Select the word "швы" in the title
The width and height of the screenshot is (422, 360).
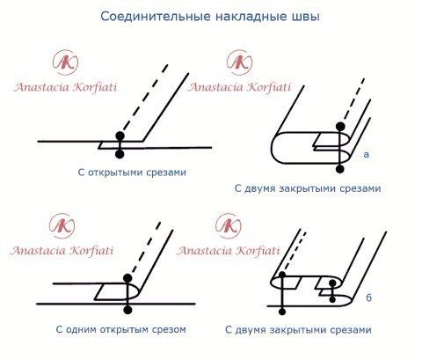click(x=306, y=17)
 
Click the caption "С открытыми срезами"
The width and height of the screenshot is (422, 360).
click(x=132, y=173)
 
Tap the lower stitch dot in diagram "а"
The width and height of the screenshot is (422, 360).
click(x=339, y=168)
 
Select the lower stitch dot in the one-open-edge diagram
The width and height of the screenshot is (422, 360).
click(x=128, y=310)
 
